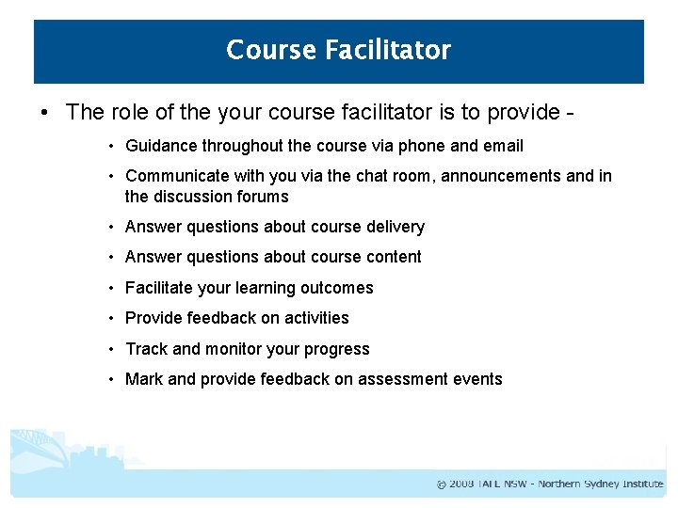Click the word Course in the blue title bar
point(271,50)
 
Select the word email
point(503,146)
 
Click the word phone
point(424,146)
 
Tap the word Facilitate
point(159,288)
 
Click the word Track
point(146,349)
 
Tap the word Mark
point(144,379)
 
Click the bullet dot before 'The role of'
point(45,113)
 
